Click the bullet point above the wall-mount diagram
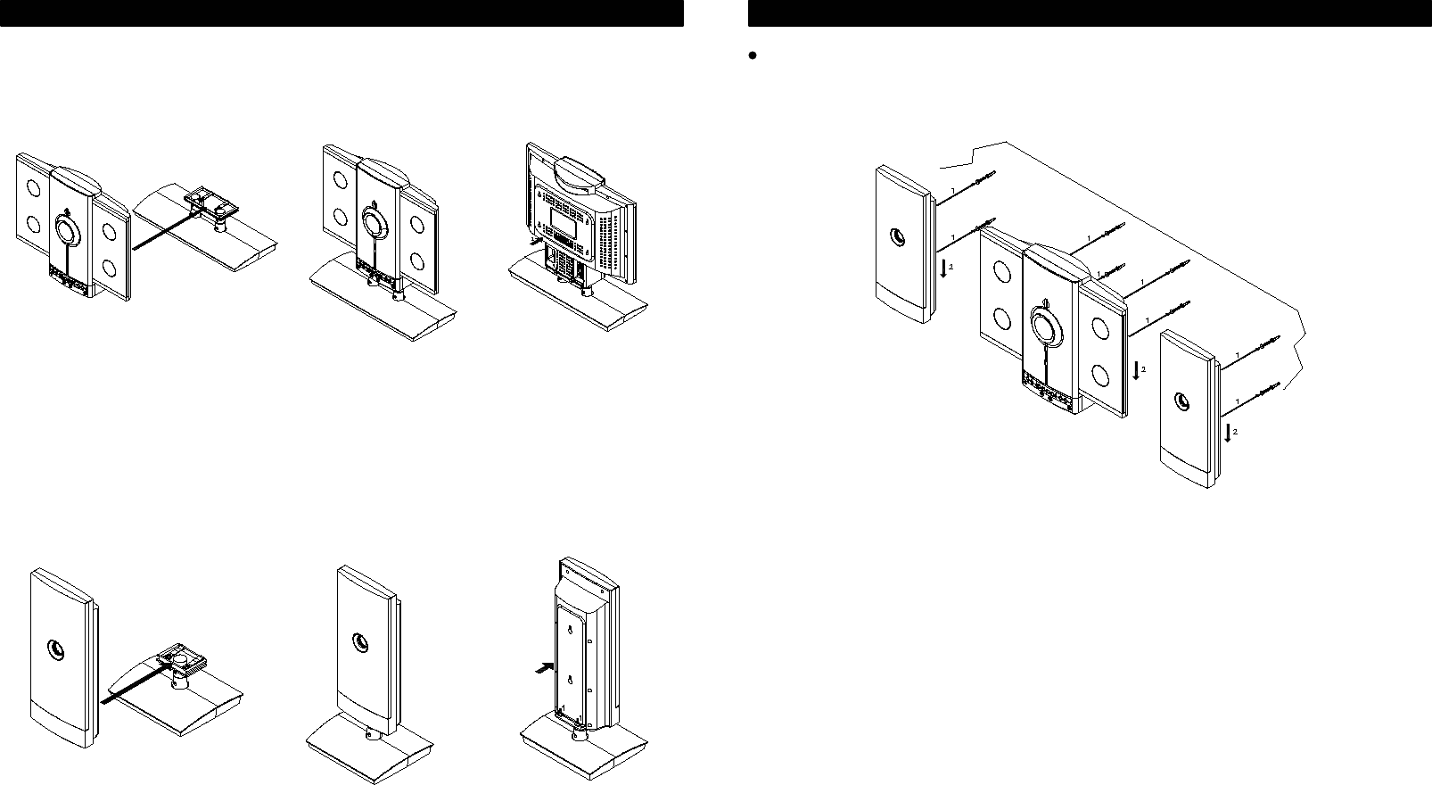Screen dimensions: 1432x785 tap(753, 55)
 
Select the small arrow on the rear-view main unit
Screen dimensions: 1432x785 tap(534, 239)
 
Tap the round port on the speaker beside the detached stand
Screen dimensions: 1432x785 tap(56, 649)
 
